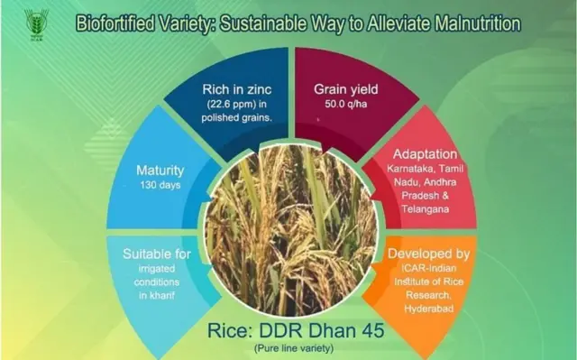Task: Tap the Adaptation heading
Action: [x=425, y=153]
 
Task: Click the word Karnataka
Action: [x=397, y=169]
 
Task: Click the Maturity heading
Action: [x=160, y=169]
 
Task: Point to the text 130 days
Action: [x=160, y=185]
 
